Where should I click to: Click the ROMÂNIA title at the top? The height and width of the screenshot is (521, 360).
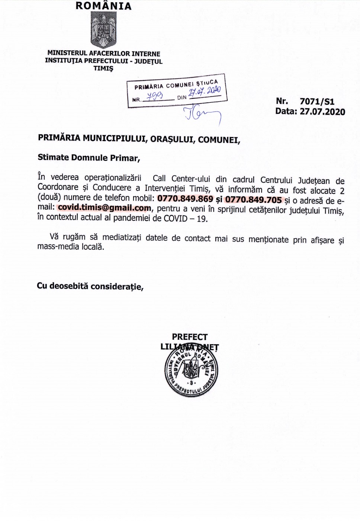coord(103,6)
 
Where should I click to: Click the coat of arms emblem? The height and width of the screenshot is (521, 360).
coord(103,30)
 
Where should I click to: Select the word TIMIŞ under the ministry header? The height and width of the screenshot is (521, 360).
coord(103,68)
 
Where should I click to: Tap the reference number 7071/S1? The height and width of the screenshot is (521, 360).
coord(317,101)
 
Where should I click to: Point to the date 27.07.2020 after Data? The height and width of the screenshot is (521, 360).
coord(322,112)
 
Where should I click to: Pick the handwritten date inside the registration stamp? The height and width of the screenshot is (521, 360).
coord(205,91)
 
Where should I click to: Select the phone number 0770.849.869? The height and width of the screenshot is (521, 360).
coord(185,199)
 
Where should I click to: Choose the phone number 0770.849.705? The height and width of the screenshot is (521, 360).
coord(254,199)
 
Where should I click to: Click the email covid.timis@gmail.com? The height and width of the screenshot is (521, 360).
coord(105,208)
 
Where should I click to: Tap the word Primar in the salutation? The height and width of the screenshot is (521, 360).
coord(125,158)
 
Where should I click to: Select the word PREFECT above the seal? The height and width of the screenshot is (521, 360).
coord(190,337)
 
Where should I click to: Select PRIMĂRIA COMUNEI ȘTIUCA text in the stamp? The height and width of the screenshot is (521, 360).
coord(176,84)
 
